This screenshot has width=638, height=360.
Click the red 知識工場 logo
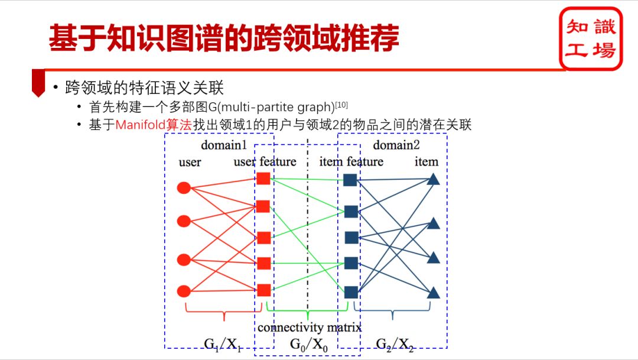tap(591, 38)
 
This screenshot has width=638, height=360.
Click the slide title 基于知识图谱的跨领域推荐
tap(223, 38)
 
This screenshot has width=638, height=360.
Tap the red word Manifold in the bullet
tap(141, 125)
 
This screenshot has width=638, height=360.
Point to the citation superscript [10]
tap(341, 106)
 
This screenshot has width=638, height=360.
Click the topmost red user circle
tap(184, 188)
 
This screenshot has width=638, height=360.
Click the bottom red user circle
tap(184, 291)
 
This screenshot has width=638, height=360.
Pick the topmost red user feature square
tap(263, 179)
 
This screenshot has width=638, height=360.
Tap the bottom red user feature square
tap(263, 290)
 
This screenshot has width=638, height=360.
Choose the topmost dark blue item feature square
tap(350, 180)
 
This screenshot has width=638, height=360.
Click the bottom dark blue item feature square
tap(351, 291)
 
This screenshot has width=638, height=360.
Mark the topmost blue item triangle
tap(434, 179)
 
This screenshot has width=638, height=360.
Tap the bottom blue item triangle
tap(434, 292)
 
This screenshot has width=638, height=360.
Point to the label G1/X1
tap(223, 344)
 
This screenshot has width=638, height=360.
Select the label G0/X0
tap(309, 344)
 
